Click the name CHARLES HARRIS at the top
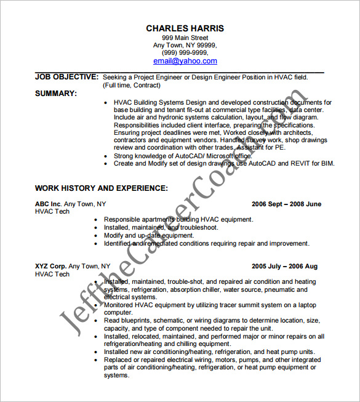[185, 28]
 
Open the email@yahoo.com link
[185, 61]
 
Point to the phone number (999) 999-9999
[185, 53]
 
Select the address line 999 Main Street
[185, 38]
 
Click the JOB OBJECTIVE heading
[66, 77]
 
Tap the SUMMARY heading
[56, 94]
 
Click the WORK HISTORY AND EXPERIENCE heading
[101, 188]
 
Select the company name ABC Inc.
[48, 204]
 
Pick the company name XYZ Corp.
[50, 267]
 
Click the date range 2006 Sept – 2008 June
[286, 204]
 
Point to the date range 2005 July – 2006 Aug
[284, 267]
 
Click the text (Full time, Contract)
[134, 86]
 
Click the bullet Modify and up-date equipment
[149, 235]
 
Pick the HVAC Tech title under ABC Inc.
[52, 212]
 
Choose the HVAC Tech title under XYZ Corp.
[52, 275]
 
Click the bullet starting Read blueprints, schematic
[211, 321]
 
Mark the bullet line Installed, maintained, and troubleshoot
[161, 227]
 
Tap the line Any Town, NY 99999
[185, 46]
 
